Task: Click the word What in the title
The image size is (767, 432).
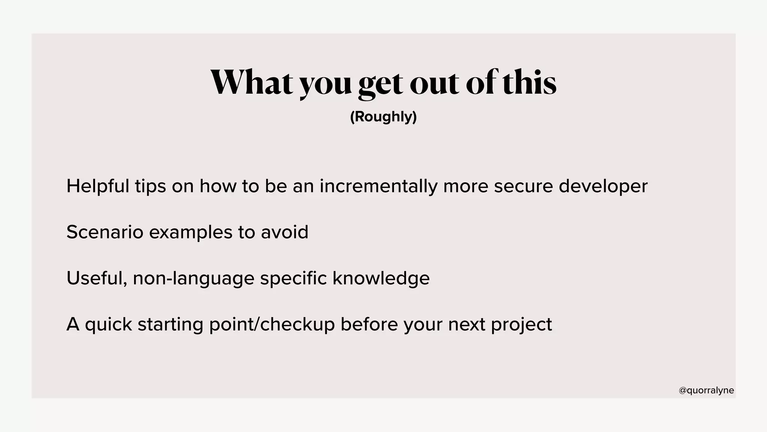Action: pyautogui.click(x=251, y=82)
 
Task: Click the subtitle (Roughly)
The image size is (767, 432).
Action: pyautogui.click(x=383, y=117)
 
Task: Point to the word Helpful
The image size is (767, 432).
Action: pyautogui.click(x=98, y=186)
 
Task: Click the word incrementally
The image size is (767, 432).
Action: pyautogui.click(x=378, y=186)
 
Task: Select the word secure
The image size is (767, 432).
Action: pyautogui.click(x=523, y=186)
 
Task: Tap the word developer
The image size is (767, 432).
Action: pyautogui.click(x=603, y=187)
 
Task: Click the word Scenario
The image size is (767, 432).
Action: pyautogui.click(x=105, y=232)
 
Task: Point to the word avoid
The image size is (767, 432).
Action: pyautogui.click(x=285, y=232)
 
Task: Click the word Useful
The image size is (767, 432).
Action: pyautogui.click(x=97, y=278)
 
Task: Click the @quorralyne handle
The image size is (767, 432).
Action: pyautogui.click(x=706, y=390)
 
